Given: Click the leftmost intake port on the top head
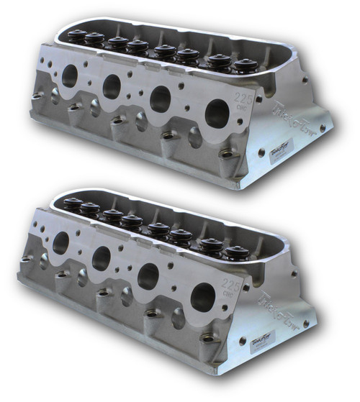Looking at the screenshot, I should (x=70, y=76).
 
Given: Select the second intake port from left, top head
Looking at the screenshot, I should (x=112, y=86).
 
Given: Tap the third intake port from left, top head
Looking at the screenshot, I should (x=161, y=99).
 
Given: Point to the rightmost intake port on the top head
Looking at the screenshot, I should (x=217, y=112).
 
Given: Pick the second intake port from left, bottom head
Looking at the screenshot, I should (x=102, y=257).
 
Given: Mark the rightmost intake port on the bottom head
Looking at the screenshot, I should (x=203, y=296).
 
